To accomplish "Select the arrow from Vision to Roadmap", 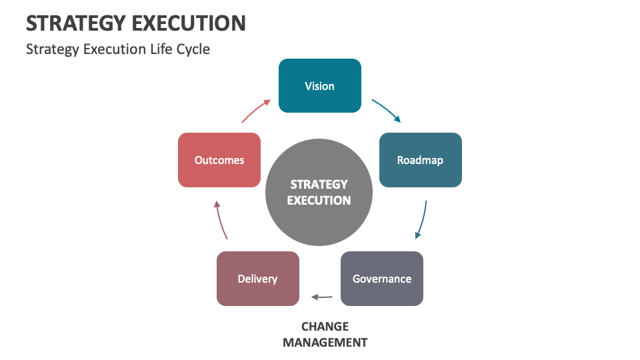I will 387,110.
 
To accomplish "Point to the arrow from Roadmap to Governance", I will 422,219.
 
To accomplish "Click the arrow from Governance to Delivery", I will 322,297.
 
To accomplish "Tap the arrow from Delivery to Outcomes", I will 221,220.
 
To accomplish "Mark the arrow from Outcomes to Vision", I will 255,111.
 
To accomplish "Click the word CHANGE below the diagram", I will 325,327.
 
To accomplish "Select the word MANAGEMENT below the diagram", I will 325,343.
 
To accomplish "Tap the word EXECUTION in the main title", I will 189,23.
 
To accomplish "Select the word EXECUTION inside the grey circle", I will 319,200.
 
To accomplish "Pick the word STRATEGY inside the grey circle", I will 319,185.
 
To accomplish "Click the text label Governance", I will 382,279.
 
